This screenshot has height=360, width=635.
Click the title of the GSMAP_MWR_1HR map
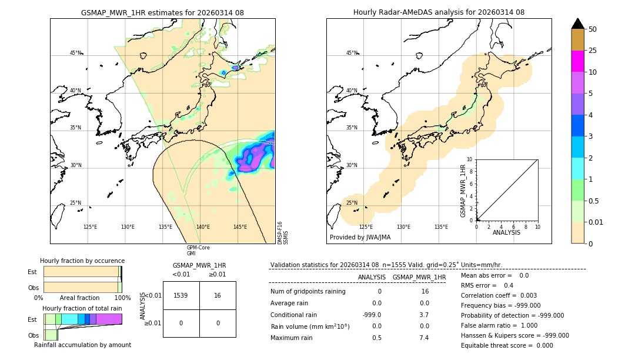point(162,12)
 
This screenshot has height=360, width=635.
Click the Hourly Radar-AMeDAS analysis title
point(439,12)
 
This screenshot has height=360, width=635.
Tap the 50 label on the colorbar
point(593,29)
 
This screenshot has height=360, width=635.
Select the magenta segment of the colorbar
point(578,61)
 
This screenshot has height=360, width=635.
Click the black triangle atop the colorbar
point(578,24)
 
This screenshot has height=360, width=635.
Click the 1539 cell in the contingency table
point(181,296)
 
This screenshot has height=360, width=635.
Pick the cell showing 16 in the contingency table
point(218,296)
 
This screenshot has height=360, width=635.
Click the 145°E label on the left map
point(240,227)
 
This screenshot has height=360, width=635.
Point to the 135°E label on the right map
point(441,227)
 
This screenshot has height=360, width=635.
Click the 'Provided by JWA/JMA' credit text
point(360,237)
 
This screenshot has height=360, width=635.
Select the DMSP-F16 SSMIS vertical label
point(283,232)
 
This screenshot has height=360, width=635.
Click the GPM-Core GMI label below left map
point(198,250)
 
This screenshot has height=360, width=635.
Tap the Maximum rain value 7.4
point(425,338)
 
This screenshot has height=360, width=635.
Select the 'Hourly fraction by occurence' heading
point(82,261)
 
